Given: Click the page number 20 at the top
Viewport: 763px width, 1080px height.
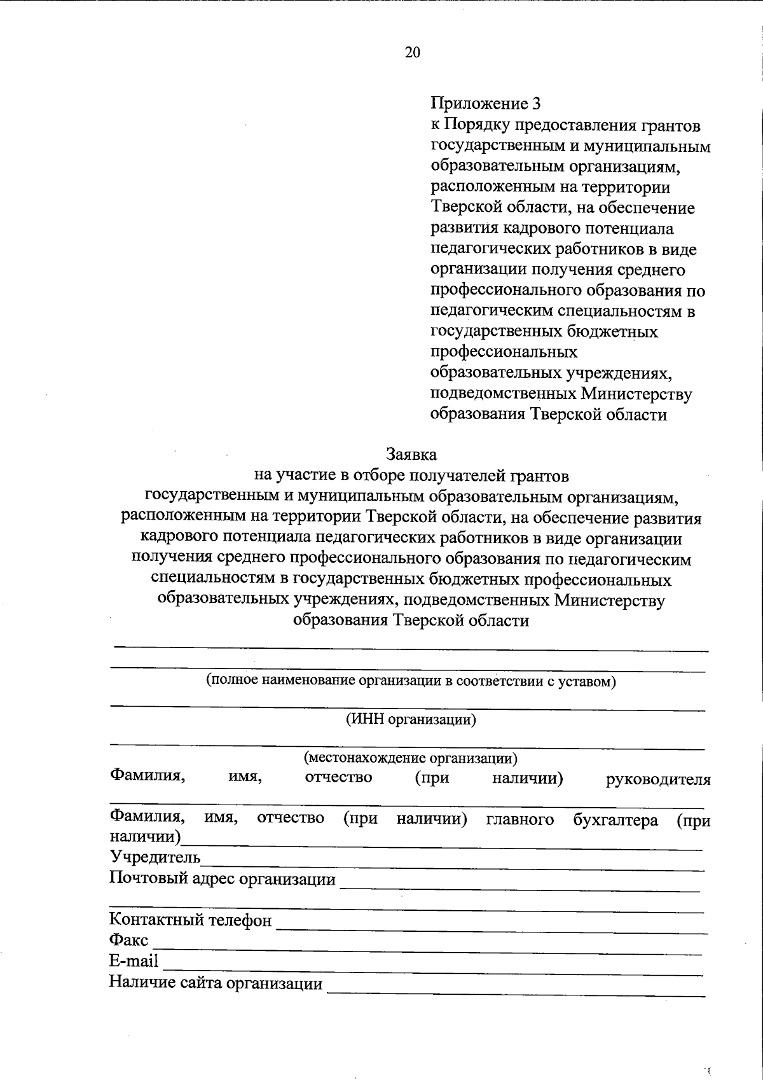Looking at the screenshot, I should (x=412, y=53).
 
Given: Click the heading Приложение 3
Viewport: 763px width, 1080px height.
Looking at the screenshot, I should (x=486, y=103).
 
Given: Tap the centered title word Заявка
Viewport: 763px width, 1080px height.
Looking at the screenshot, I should (x=412, y=455).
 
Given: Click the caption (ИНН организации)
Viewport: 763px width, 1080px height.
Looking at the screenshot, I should (x=411, y=719).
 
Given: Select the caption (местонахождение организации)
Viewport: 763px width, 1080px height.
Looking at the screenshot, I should (x=411, y=758).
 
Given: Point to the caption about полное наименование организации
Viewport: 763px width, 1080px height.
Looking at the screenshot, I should (x=411, y=681).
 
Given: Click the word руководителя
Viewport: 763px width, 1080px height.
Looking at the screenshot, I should (x=658, y=779).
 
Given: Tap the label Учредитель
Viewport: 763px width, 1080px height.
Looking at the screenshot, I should (x=155, y=858).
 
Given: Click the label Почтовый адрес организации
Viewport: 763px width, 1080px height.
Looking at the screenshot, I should (x=223, y=879).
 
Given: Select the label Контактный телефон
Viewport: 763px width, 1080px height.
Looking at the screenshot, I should (x=191, y=920).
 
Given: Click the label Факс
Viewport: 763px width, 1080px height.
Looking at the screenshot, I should (x=128, y=940).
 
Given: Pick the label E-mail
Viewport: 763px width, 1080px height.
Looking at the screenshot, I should (x=134, y=961).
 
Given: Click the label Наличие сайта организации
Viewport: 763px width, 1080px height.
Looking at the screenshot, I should (x=216, y=983).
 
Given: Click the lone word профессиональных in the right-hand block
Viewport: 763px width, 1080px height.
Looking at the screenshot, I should (x=504, y=352).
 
